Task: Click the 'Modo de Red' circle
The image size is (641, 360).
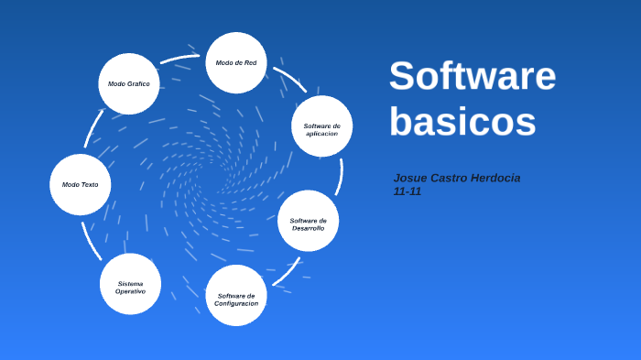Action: pyautogui.click(x=236, y=62)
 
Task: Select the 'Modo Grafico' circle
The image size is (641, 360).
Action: pyautogui.click(x=129, y=83)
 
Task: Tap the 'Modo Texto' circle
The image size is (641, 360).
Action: pyautogui.click(x=81, y=184)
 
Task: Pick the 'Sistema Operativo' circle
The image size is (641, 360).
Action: pyautogui.click(x=130, y=284)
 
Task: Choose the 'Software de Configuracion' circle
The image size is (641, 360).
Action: pyautogui.click(x=236, y=296)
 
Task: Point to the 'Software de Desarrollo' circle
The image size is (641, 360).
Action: pyautogui.click(x=309, y=221)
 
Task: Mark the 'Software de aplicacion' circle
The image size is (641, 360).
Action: pyautogui.click(x=321, y=126)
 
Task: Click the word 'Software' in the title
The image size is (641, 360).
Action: pyautogui.click(x=472, y=75)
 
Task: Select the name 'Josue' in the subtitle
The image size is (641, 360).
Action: pyautogui.click(x=409, y=178)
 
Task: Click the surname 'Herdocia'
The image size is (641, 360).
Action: pyautogui.click(x=494, y=178)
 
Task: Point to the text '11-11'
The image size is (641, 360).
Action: pyautogui.click(x=407, y=191)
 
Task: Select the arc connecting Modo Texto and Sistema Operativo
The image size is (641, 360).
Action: pyautogui.click(x=90, y=242)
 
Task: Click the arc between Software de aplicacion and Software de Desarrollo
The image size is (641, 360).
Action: pyautogui.click(x=341, y=175)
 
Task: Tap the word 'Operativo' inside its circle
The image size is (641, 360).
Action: pyautogui.click(x=130, y=291)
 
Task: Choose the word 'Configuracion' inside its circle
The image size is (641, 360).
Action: pyautogui.click(x=236, y=303)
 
